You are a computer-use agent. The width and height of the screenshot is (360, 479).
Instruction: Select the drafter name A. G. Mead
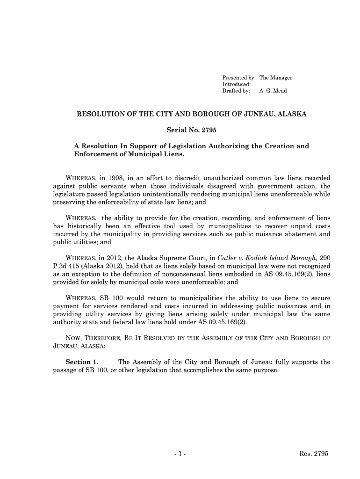coord(273,91)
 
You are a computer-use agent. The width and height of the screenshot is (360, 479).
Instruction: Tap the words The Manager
coord(275,78)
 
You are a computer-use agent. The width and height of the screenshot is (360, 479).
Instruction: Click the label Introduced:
coord(236,84)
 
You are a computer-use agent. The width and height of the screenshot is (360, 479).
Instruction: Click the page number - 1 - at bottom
coord(180,454)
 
